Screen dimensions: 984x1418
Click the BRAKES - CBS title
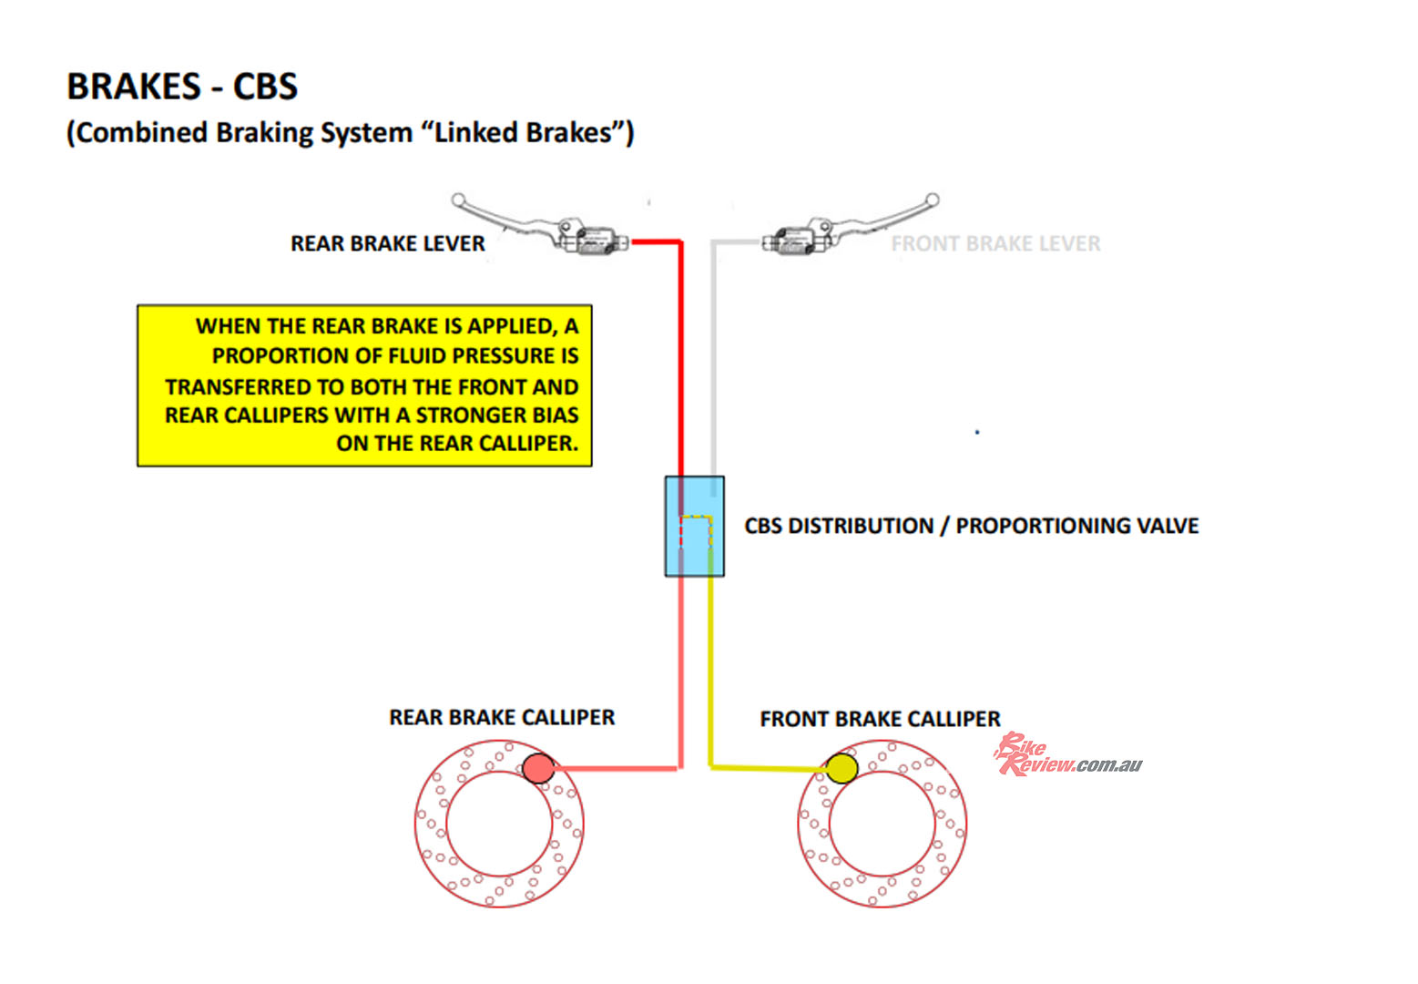coord(182,87)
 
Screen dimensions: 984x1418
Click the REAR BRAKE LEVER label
coord(387,243)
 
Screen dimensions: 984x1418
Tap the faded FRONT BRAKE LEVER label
coord(995,243)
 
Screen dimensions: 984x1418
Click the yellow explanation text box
coord(364,385)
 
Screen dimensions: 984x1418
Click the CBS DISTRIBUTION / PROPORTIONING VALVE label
coord(971,526)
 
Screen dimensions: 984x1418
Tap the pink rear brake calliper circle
coord(538,768)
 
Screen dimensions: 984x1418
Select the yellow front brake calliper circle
coord(842,768)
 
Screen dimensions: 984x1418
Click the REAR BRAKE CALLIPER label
coord(502,717)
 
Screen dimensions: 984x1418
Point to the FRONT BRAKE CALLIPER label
coord(880,719)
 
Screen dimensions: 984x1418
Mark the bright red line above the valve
coord(680,364)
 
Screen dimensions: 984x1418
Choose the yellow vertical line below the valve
coord(711,674)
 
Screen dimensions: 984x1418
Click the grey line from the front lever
coord(715,364)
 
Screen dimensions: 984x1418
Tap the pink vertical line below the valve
coord(680,674)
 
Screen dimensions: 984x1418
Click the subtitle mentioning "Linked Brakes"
coord(350,133)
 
